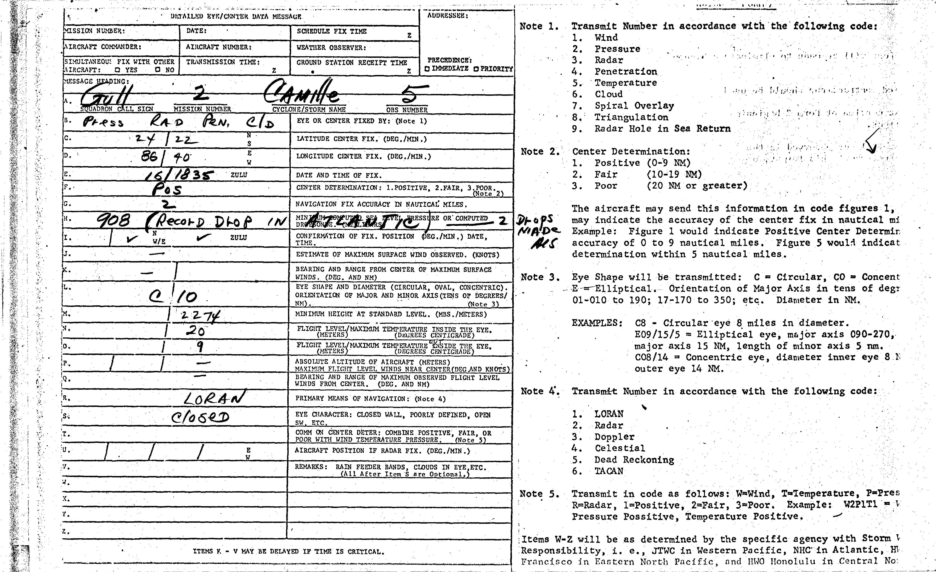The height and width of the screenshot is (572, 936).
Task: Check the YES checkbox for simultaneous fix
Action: pos(118,70)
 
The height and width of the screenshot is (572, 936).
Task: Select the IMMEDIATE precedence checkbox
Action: pos(427,69)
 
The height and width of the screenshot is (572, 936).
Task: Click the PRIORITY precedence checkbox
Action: pos(476,69)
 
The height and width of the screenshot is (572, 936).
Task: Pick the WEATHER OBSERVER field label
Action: pos(331,48)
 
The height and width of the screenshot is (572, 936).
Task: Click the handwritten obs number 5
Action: pos(408,94)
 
